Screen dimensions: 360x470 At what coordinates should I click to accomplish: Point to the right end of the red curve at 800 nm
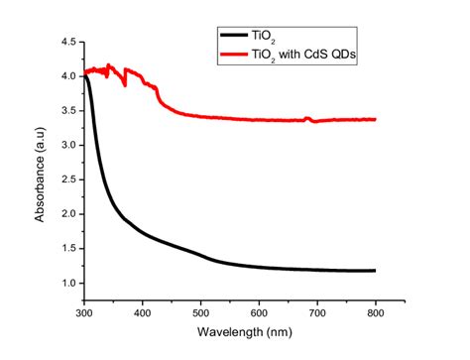[x=376, y=119]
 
